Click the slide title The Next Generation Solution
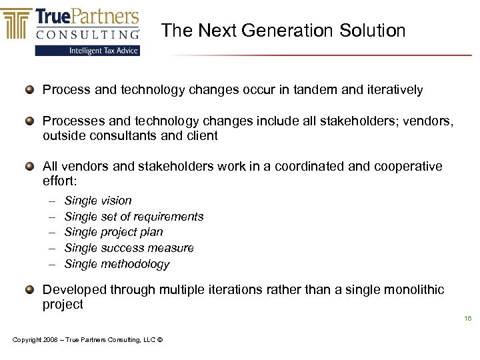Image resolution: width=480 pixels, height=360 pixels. (283, 31)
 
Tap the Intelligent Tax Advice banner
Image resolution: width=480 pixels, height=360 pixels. (87, 51)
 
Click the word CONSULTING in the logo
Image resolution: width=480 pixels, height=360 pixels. (87, 33)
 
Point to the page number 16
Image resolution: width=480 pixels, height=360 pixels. (468, 319)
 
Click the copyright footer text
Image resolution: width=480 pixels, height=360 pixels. (87, 340)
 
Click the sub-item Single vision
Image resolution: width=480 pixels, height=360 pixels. (98, 201)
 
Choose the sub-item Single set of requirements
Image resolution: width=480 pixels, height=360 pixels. (134, 217)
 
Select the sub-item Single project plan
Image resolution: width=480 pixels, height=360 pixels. (113, 232)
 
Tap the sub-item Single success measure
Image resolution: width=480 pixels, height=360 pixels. (129, 248)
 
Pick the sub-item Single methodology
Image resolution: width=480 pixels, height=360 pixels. (117, 264)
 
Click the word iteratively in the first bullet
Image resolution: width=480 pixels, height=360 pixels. (393, 89)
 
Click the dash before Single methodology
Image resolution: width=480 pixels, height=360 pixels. (52, 264)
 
